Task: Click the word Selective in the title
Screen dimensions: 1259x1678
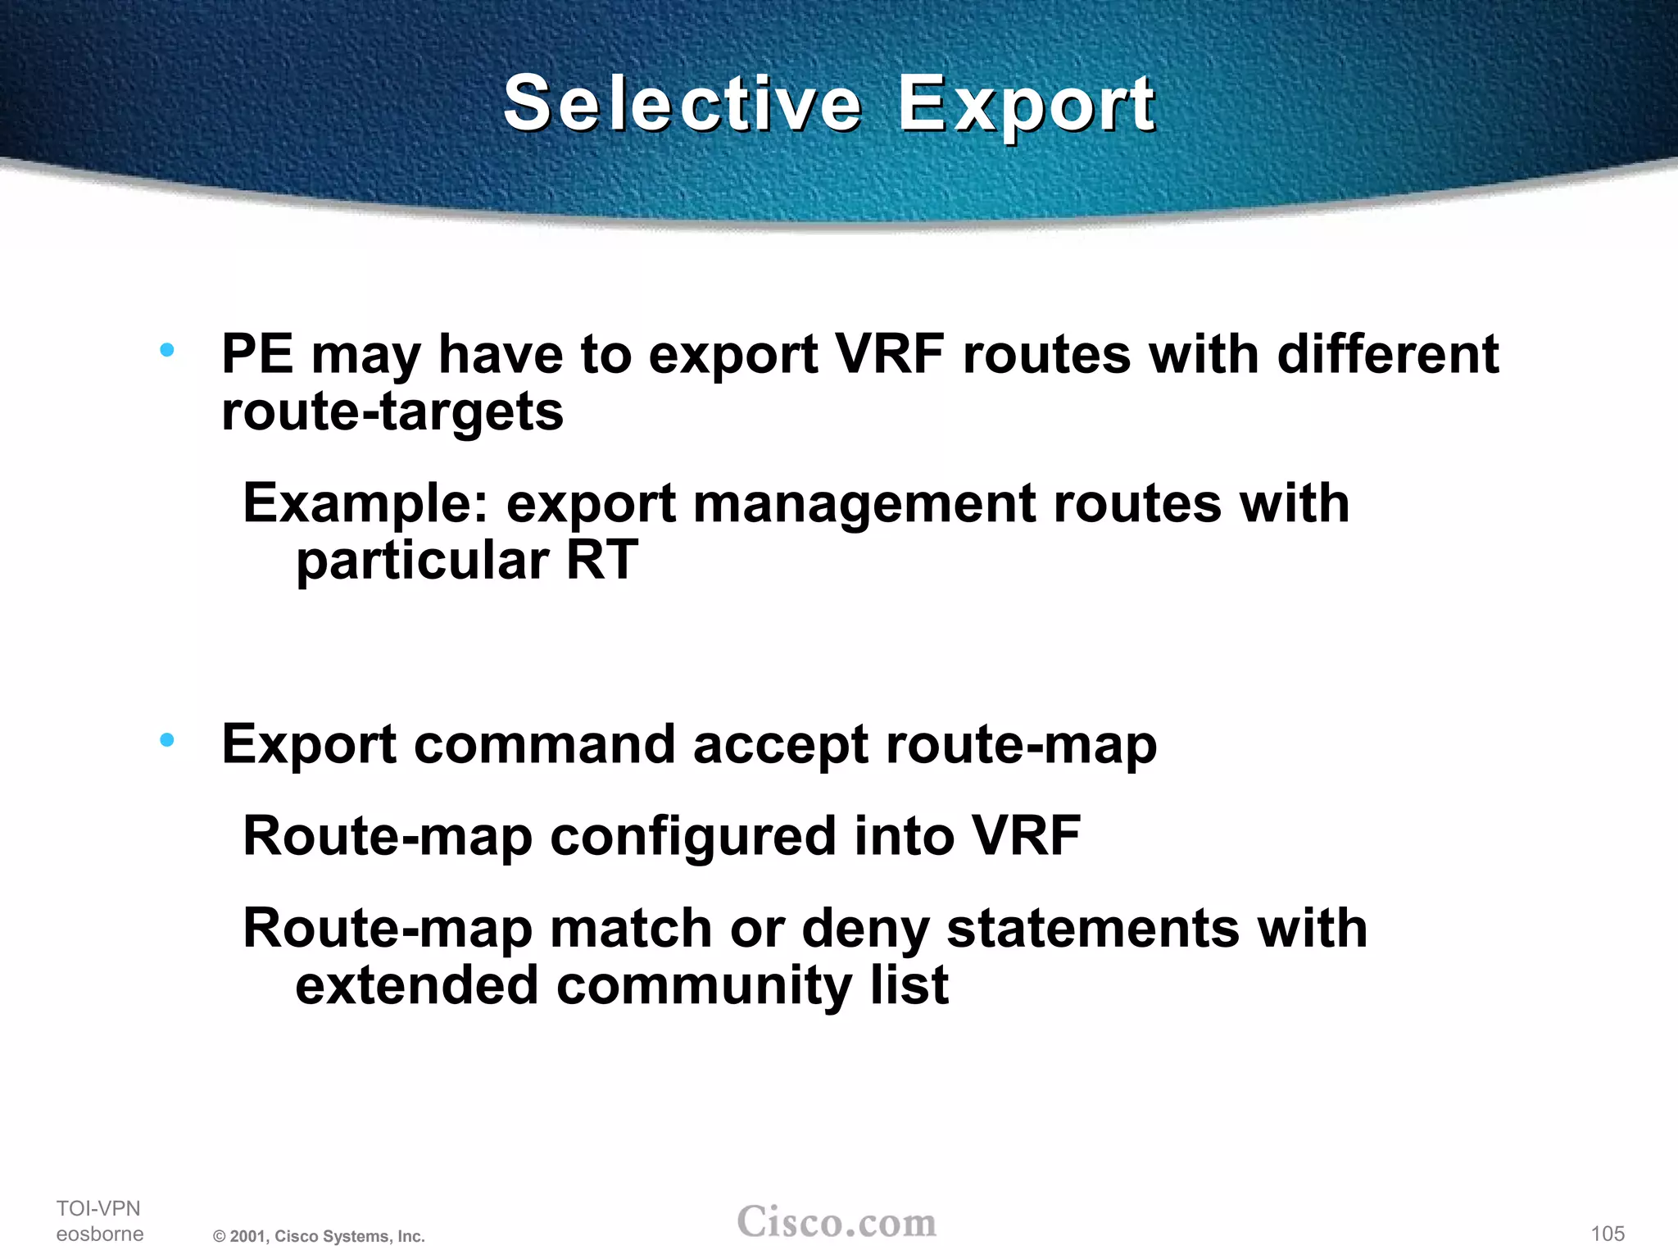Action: pyautogui.click(x=682, y=104)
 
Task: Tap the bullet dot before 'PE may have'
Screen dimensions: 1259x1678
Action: pyautogui.click(x=168, y=351)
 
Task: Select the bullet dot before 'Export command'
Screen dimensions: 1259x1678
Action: pyautogui.click(x=168, y=741)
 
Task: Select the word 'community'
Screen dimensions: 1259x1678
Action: pyautogui.click(x=704, y=986)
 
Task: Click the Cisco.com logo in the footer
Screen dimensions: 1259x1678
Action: pyautogui.click(x=837, y=1222)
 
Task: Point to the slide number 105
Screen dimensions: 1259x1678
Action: pyautogui.click(x=1608, y=1234)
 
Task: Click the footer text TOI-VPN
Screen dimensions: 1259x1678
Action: pyautogui.click(x=98, y=1208)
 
